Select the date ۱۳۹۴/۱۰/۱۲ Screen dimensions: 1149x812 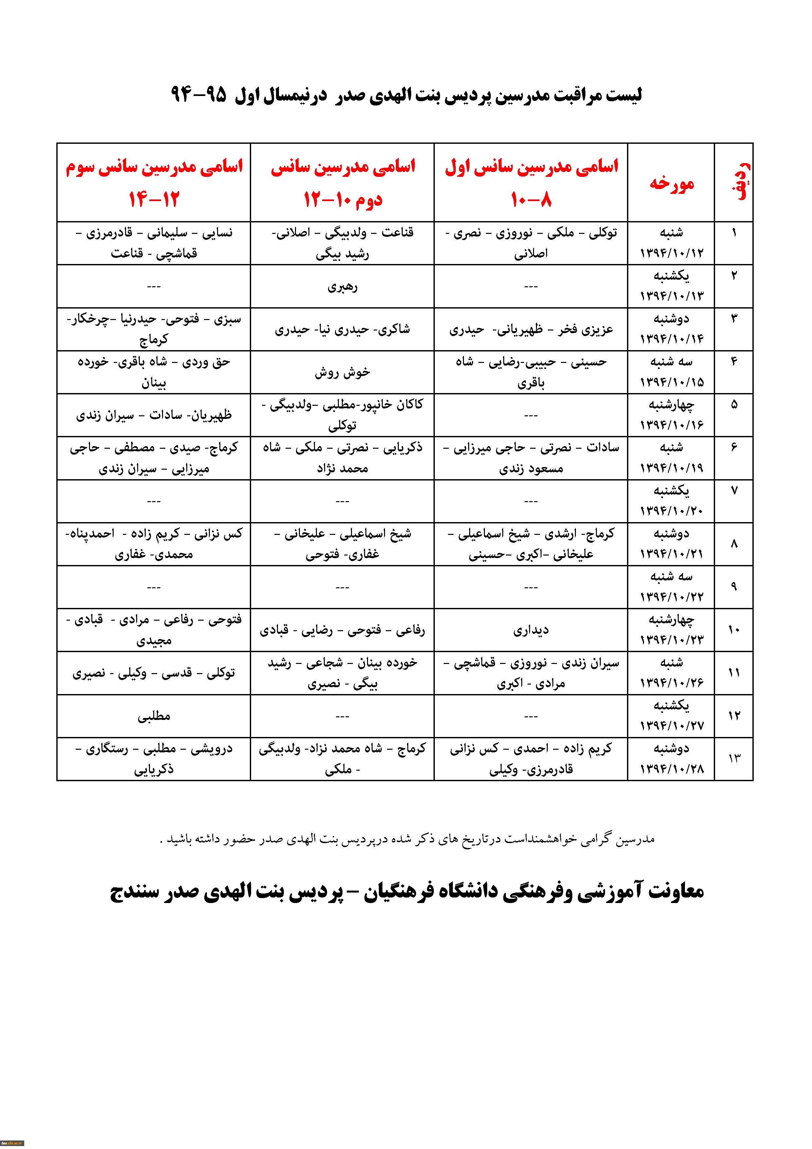point(672,253)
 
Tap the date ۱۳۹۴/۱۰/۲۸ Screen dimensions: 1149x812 point(672,769)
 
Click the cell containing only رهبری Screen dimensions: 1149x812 point(342,287)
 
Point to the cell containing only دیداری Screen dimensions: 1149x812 point(531,630)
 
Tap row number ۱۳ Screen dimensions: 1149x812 point(734,759)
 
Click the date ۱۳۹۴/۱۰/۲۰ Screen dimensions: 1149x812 point(672,511)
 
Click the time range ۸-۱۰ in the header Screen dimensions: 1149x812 point(531,200)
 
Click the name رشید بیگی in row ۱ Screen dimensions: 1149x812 point(342,254)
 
